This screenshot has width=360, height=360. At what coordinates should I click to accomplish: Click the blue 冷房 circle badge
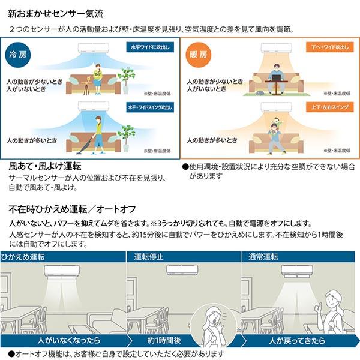coord(17,55)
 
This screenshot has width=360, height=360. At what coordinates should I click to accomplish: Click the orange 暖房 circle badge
coord(198,55)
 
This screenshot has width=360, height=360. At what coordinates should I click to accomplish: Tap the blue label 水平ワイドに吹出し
coord(150,47)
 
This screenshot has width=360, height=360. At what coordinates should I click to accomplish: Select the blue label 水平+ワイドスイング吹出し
coord(150,107)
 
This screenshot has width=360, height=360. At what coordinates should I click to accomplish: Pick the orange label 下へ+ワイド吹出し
coord(329,47)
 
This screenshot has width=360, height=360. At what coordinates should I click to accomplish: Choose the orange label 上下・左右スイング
coord(329,107)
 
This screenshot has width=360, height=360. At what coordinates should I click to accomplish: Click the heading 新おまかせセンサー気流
coord(56,14)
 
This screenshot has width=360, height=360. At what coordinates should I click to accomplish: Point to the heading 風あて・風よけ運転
coord(45,166)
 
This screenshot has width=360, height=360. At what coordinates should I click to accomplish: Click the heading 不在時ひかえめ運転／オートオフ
coord(72,209)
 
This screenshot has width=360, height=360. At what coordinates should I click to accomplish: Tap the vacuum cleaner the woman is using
coord(86,145)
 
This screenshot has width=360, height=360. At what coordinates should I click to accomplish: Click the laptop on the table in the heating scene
coord(277,77)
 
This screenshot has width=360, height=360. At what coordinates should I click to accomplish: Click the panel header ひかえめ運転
coord(23,257)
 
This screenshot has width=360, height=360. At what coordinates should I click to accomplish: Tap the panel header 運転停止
coord(149,257)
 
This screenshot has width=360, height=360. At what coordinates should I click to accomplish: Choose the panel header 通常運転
coord(263,257)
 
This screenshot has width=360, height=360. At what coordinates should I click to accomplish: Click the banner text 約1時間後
coord(164,340)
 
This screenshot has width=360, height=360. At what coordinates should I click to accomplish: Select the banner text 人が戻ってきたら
coord(297,340)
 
